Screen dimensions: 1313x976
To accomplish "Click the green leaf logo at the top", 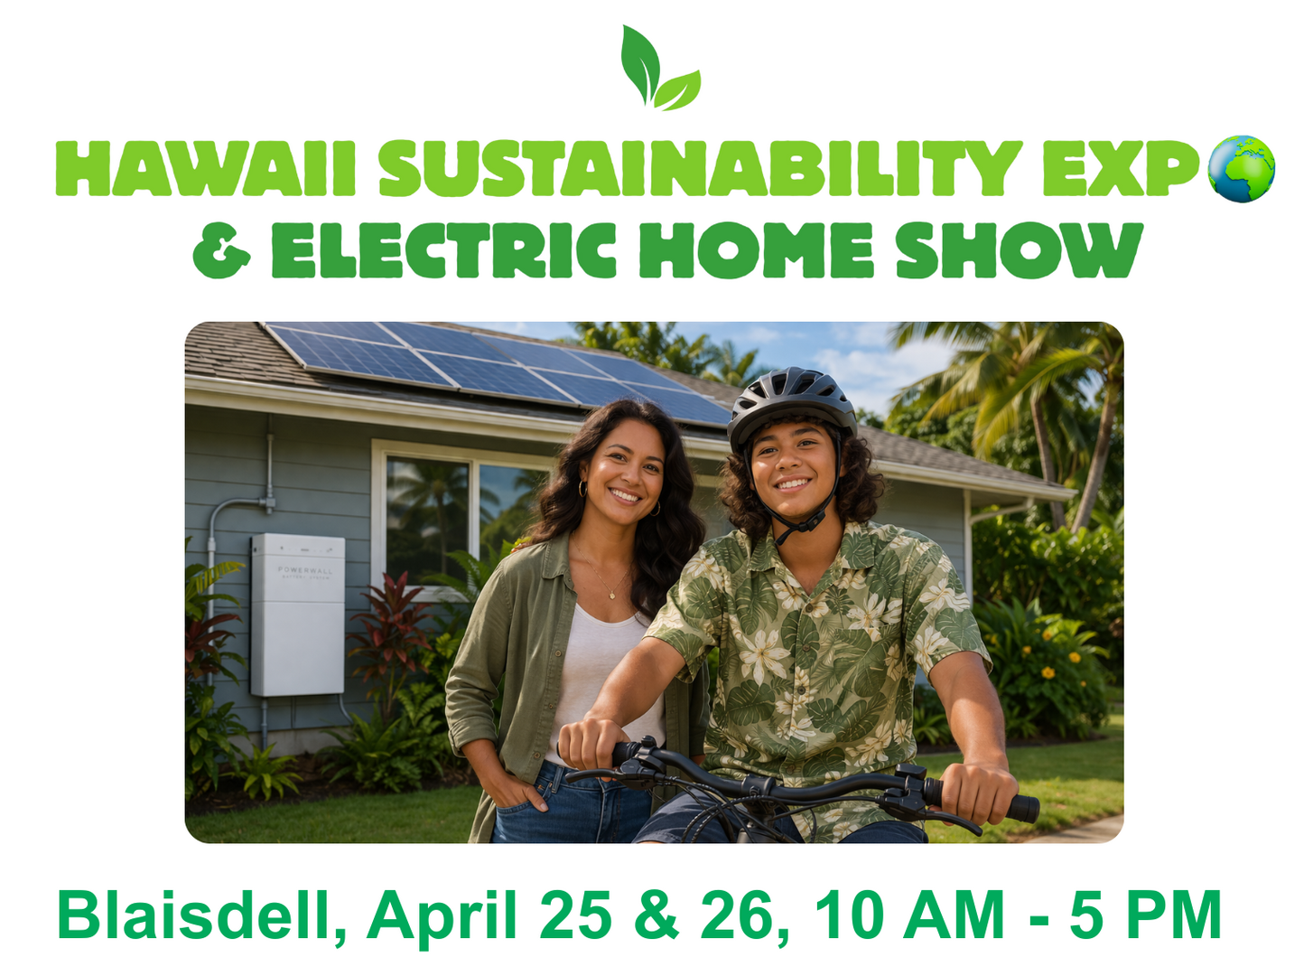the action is click(659, 68).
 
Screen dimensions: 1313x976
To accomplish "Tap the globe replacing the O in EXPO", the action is click(1241, 169).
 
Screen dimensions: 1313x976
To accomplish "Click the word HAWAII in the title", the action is click(205, 168).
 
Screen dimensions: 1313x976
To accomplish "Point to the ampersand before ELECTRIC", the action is click(221, 250).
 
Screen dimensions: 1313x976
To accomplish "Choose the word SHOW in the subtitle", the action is click(1020, 250).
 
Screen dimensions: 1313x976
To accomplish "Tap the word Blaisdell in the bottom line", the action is click(201, 915).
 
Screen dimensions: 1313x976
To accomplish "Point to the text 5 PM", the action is click(1145, 915).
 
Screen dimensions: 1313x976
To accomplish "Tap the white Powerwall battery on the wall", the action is click(297, 615).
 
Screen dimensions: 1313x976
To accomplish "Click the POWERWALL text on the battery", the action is click(305, 570).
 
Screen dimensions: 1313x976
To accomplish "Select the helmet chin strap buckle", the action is click(808, 521).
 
